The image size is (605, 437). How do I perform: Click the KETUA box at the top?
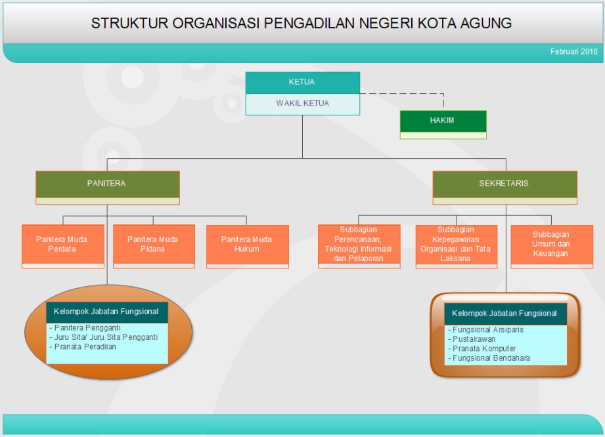pos(302,83)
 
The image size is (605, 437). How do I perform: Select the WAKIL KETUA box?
pos(302,104)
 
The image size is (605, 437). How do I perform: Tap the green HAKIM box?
pos(443,121)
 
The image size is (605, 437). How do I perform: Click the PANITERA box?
pos(106,184)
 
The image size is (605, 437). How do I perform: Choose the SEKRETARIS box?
pos(504,184)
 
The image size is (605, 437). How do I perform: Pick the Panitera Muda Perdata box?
pos(62,244)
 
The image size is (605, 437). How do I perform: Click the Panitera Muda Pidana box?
pos(153,244)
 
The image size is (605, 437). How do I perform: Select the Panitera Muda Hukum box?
pos(247,244)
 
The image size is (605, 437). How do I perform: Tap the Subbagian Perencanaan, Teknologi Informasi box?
pos(358,244)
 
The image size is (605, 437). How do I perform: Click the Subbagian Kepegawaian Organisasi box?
pos(456,244)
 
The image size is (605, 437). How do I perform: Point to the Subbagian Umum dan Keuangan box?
pos(551,244)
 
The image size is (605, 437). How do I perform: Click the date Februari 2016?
pos(574,52)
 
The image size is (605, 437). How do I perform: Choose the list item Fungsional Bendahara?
pos(491,358)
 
